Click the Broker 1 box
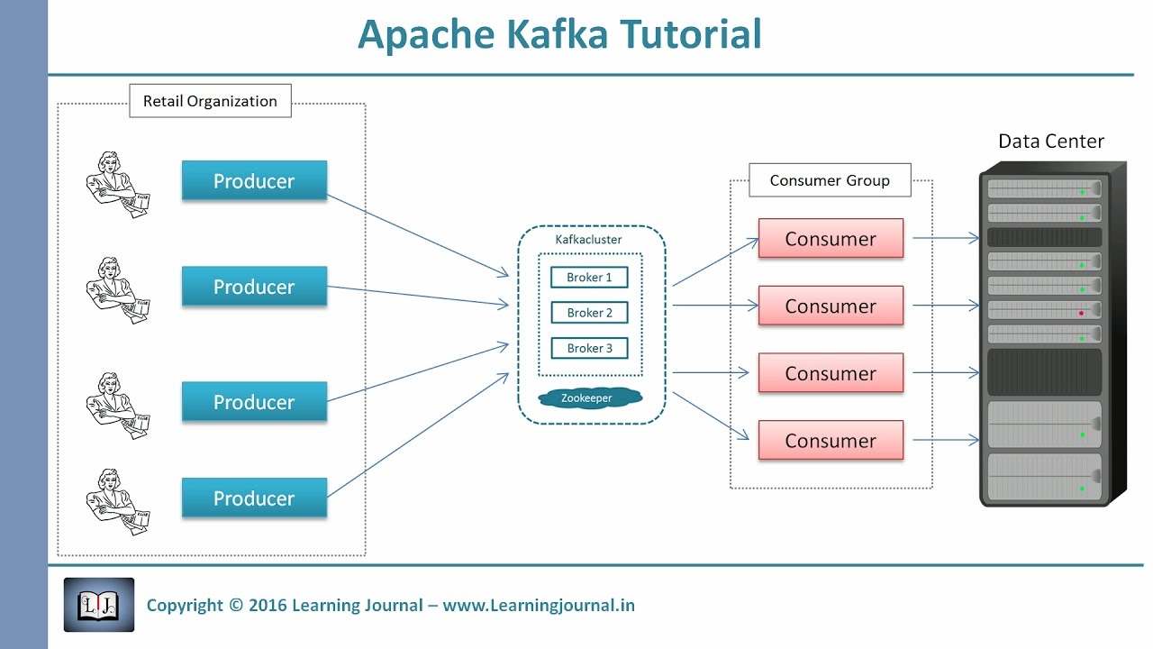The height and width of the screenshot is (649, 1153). coord(589,278)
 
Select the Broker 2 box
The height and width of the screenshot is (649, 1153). coord(589,313)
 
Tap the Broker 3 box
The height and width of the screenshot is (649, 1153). coord(589,348)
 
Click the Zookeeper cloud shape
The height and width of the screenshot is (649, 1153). coord(586,398)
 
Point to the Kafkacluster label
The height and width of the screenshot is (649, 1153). coord(588,240)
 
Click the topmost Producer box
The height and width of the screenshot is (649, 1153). coord(254,181)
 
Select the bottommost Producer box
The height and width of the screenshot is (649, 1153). coord(254,498)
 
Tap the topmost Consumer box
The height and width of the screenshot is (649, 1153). coord(831,239)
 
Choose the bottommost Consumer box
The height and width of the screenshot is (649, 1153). coord(831,441)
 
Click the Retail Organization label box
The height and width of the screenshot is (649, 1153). coord(210,101)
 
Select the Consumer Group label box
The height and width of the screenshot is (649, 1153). coord(830,180)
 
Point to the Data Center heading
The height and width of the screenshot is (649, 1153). coord(1050,142)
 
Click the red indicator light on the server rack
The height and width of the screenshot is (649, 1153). coord(1081,313)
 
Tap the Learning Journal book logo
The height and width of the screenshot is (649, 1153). coord(99,605)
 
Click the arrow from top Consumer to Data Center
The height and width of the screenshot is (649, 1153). coord(946,239)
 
